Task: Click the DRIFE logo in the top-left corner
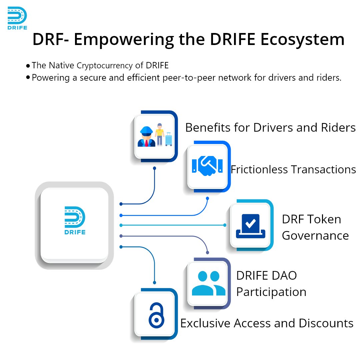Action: tap(17, 18)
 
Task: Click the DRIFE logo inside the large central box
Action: tap(75, 220)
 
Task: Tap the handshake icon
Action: tap(207, 166)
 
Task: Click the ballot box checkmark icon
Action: tap(250, 225)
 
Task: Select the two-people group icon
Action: tap(209, 283)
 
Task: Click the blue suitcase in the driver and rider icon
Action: tap(169, 139)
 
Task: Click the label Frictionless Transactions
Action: tap(293, 169)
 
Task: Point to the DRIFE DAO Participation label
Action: tap(271, 284)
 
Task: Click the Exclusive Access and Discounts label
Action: tap(267, 323)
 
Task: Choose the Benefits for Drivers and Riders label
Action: tap(270, 127)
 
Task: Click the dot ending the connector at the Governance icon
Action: tap(225, 225)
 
